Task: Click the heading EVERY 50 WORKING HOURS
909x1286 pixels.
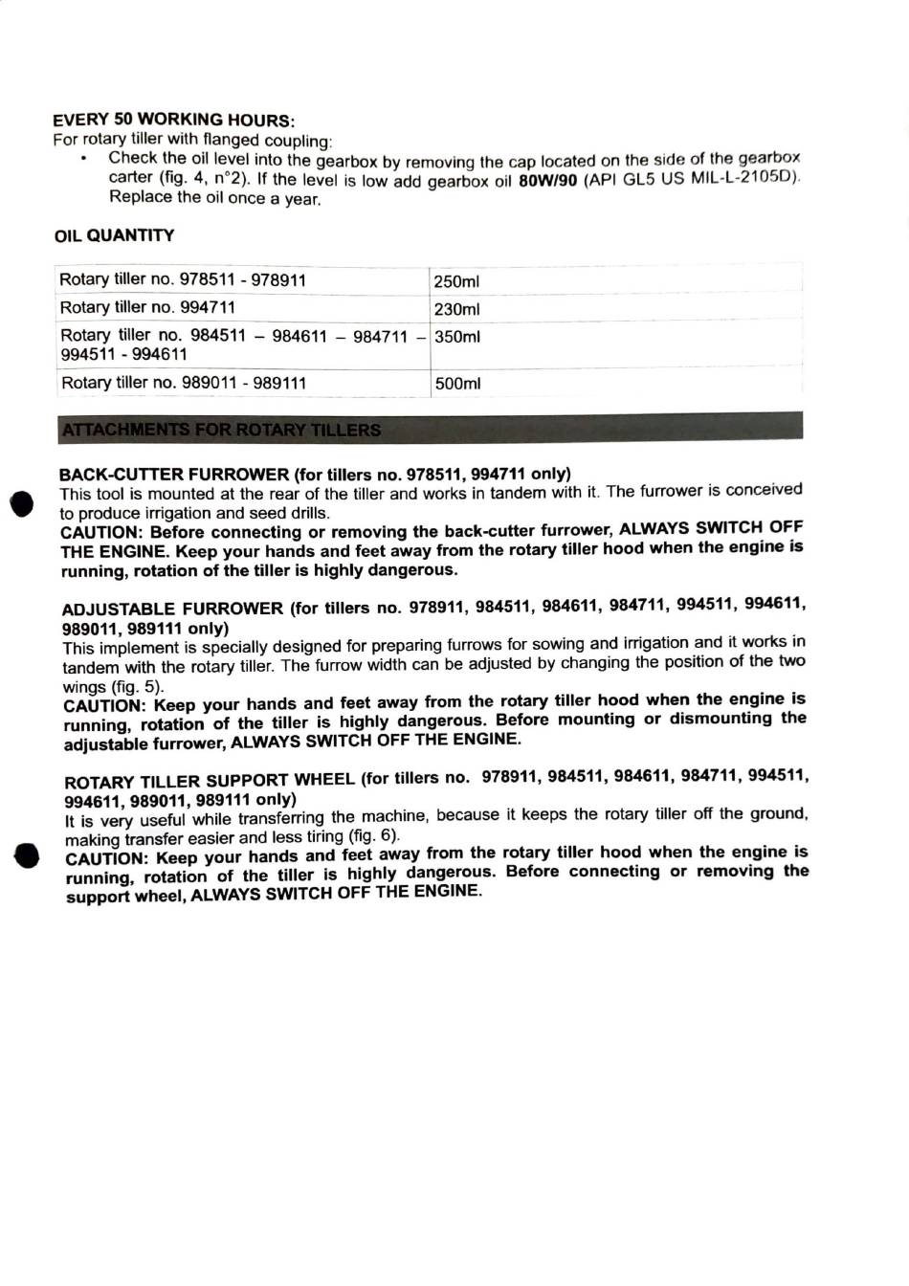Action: point(173,120)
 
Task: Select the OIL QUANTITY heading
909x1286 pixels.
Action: point(114,235)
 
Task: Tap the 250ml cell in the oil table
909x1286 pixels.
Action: point(456,281)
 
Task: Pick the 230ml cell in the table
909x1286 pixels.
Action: point(456,309)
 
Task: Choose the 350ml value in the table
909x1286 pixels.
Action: point(457,337)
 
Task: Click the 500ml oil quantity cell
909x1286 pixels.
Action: point(457,384)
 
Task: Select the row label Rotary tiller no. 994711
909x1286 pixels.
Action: point(147,307)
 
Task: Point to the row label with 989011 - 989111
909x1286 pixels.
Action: point(184,383)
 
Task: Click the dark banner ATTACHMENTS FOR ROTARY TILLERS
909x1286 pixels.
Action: point(430,427)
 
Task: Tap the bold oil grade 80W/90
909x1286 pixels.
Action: point(547,182)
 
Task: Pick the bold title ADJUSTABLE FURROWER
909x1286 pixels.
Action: point(172,609)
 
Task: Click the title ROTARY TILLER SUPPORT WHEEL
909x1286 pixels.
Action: point(210,780)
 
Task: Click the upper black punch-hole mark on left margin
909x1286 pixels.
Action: point(21,504)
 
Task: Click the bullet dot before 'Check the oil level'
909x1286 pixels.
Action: point(85,159)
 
